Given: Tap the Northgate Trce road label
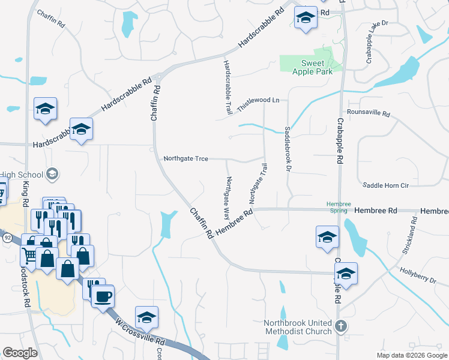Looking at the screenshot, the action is (185, 159).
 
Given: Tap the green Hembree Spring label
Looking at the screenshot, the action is (339, 208).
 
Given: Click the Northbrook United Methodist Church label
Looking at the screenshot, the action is (298, 327).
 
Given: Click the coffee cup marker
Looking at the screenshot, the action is (103, 296).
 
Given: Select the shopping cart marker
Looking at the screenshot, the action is (29, 254).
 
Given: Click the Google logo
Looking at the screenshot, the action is (20, 353).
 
